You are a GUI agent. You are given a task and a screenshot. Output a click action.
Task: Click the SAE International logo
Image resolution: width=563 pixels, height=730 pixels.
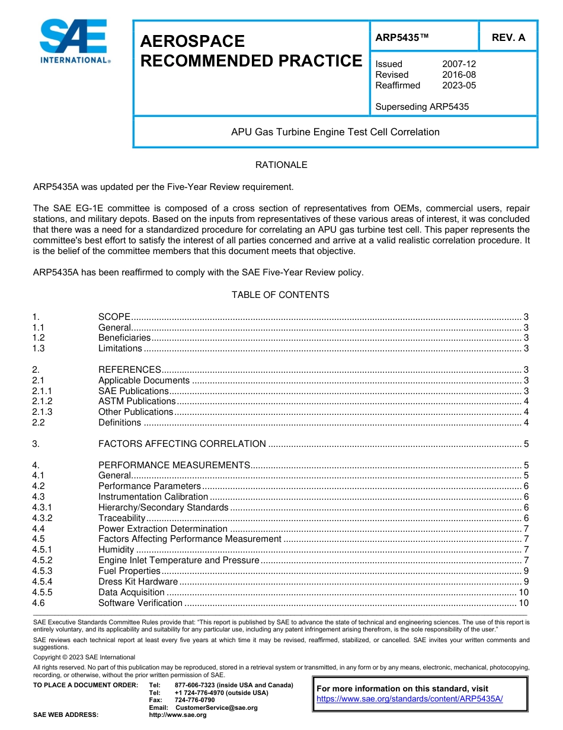click(x=74, y=41)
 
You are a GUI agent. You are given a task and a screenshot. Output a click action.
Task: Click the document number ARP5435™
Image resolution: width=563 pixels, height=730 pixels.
click(x=402, y=37)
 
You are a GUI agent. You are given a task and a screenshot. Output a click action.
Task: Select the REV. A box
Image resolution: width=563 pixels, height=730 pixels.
click(x=508, y=37)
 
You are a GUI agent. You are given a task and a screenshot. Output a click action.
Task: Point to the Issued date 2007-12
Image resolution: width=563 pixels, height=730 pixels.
click(x=459, y=64)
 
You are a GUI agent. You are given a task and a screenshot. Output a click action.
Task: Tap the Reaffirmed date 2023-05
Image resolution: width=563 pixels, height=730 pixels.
click(x=459, y=85)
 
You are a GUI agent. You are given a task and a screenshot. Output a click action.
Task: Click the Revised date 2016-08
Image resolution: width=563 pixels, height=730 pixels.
click(x=459, y=75)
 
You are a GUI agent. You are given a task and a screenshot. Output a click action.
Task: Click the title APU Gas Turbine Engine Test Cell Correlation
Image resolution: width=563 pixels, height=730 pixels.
click(x=335, y=132)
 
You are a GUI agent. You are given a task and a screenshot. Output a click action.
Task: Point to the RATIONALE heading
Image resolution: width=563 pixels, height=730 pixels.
click(x=281, y=165)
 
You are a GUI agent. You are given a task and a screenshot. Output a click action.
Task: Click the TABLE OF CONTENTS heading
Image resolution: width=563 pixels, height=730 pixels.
click(x=280, y=295)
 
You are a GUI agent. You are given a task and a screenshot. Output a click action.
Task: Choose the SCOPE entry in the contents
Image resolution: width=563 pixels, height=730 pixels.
click(x=114, y=317)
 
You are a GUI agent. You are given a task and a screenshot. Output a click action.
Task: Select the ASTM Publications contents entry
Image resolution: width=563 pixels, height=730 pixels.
click(x=136, y=402)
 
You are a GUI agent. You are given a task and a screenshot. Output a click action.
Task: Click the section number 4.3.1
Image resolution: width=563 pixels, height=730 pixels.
click(x=43, y=507)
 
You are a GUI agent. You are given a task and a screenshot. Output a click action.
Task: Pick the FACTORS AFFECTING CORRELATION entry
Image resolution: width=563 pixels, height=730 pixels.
click(x=182, y=444)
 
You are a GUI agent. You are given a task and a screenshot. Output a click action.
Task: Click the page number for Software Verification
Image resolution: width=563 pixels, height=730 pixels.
click(x=523, y=603)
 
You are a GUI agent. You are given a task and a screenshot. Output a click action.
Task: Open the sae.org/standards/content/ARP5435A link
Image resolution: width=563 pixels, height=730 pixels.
click(x=410, y=699)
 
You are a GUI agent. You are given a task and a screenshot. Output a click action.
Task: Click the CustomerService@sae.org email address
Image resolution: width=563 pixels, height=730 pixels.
click(x=216, y=707)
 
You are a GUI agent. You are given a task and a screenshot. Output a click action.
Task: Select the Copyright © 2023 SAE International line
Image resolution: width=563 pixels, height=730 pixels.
click(x=84, y=657)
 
